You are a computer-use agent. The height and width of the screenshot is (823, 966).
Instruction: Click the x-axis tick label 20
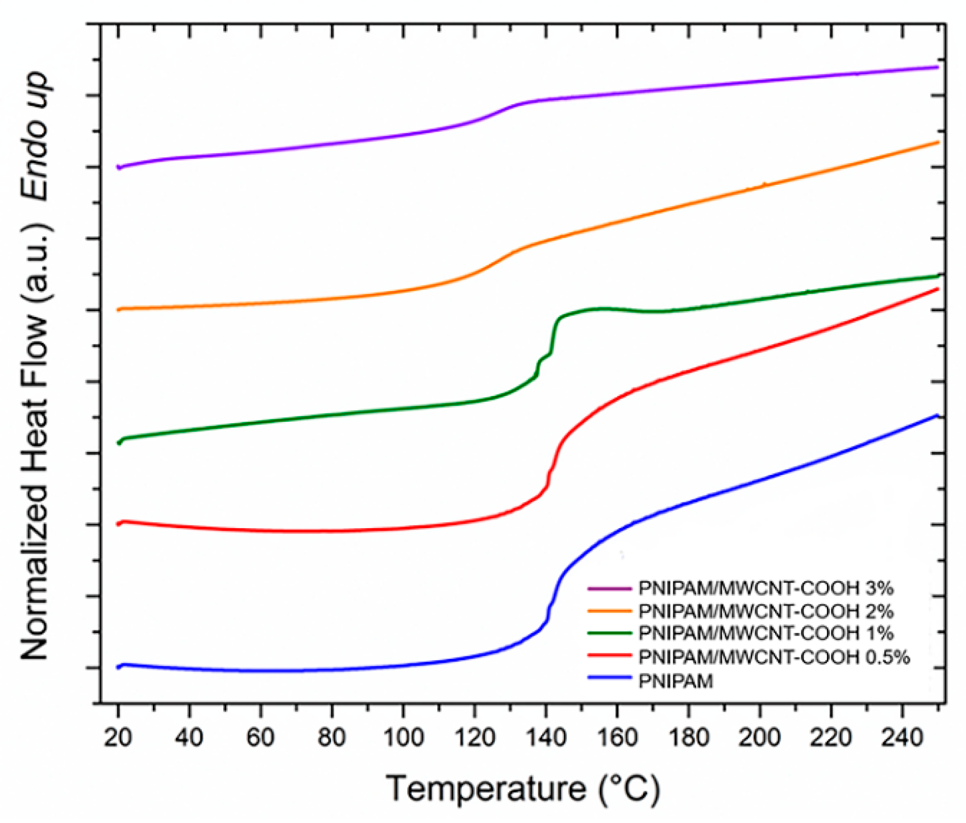tap(118, 738)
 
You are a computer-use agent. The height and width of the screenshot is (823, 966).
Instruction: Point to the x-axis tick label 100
tap(403, 738)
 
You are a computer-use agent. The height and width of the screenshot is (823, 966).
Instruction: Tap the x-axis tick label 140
tap(545, 738)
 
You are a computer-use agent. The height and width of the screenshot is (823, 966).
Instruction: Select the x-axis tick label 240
tap(902, 738)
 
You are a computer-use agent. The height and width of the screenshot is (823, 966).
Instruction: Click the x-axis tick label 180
tap(688, 738)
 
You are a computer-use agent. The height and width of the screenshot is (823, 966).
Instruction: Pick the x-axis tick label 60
tap(260, 738)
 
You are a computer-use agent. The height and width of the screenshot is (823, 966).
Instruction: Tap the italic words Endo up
tap(36, 136)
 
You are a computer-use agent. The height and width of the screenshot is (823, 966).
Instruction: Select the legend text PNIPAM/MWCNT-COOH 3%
tap(766, 588)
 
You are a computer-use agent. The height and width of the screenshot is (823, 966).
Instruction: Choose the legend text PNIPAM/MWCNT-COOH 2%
tap(766, 611)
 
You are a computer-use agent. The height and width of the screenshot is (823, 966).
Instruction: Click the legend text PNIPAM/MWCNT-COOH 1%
tap(766, 633)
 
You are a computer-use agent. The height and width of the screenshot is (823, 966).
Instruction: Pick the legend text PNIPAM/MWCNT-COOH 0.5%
tap(774, 657)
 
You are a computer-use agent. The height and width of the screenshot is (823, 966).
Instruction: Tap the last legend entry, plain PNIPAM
tap(676, 681)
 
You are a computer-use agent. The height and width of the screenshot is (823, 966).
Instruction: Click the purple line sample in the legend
tap(609, 588)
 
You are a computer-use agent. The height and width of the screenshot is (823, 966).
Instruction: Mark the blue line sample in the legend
tap(609, 678)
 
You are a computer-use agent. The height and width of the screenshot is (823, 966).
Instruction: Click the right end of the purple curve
tap(937, 67)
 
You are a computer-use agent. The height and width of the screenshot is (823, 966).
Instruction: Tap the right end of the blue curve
tap(936, 415)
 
